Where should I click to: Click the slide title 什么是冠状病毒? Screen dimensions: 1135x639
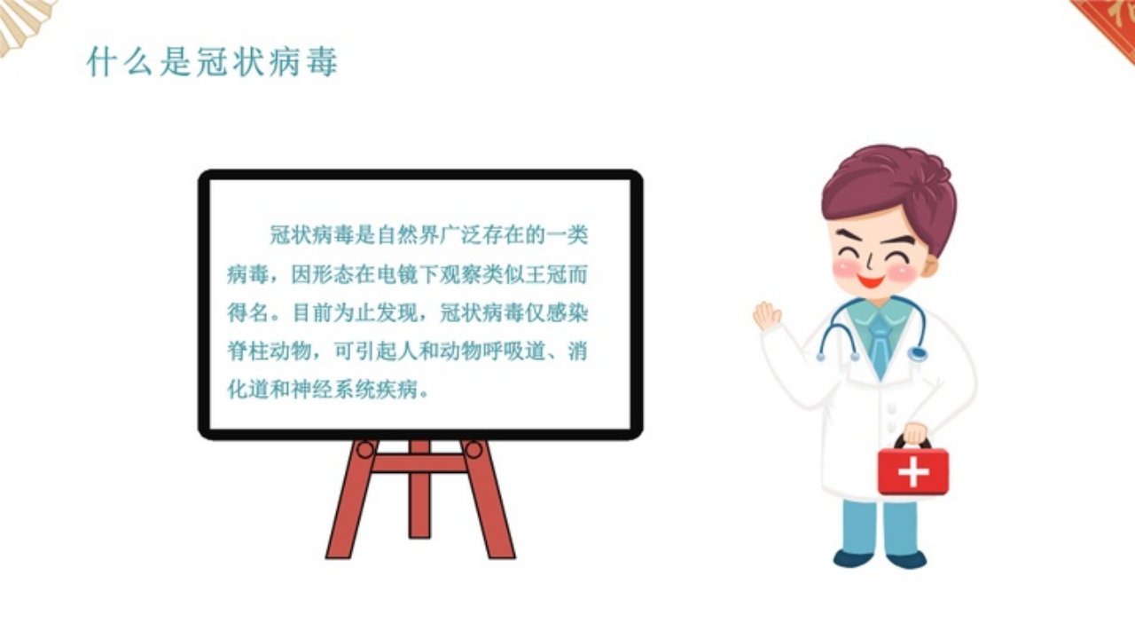212,62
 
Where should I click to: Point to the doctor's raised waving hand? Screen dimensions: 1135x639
766,315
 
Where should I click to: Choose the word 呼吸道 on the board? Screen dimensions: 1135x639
513,351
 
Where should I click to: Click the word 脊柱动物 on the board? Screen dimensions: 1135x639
269,351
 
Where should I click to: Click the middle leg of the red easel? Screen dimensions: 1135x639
419,489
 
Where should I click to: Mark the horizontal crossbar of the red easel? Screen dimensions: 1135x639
419,463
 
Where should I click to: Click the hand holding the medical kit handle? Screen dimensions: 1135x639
915,434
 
